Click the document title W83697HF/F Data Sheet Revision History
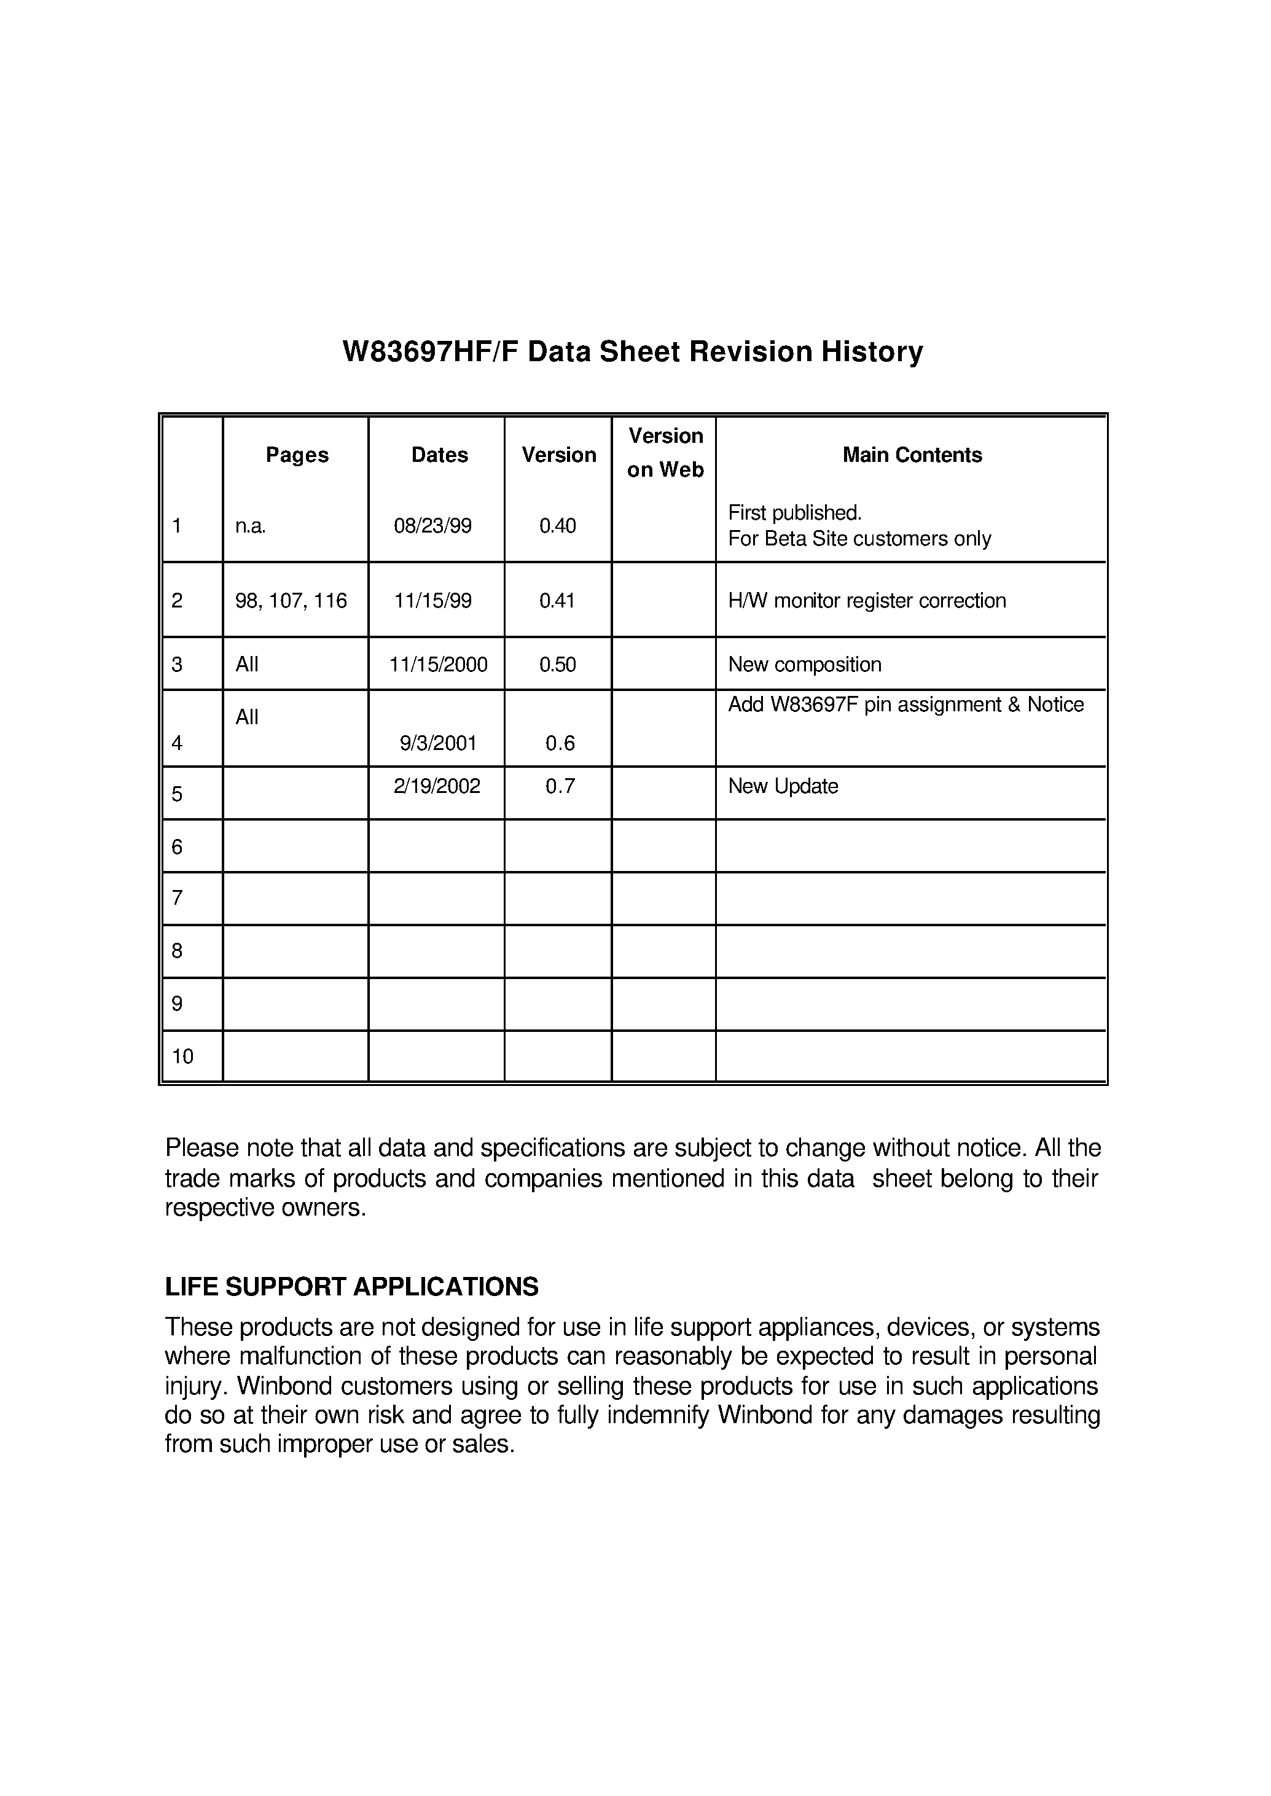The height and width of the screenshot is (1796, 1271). [x=632, y=352]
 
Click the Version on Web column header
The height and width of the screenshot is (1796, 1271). [x=665, y=452]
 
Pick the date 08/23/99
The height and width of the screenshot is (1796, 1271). [x=433, y=526]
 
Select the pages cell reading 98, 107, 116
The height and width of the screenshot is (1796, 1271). [x=291, y=601]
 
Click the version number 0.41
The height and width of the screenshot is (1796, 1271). [x=557, y=601]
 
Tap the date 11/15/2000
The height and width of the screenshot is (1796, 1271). [x=438, y=665]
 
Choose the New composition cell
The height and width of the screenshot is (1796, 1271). [x=805, y=665]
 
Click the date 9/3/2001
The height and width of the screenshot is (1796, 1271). [x=438, y=743]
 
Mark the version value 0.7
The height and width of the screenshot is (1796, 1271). [x=560, y=786]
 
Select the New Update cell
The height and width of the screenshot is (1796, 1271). [x=783, y=786]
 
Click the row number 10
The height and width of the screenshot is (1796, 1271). [x=182, y=1057]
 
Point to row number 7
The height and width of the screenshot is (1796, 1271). [x=178, y=899]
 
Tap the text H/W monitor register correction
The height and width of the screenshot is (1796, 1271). [x=866, y=601]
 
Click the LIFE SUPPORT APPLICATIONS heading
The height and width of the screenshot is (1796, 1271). [x=351, y=1287]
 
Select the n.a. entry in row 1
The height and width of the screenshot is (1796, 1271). [x=251, y=526]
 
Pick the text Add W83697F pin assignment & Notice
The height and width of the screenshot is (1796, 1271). [x=905, y=705]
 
